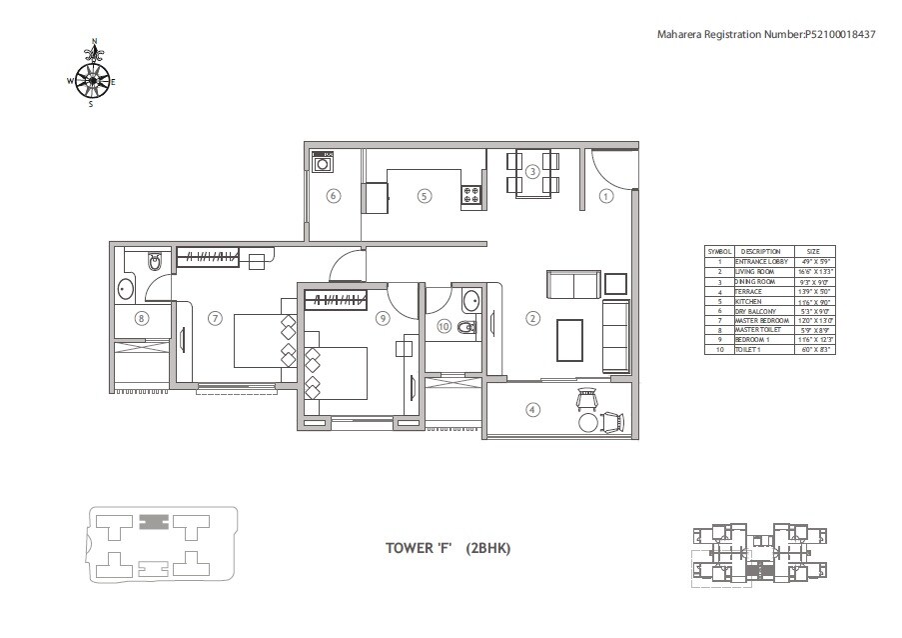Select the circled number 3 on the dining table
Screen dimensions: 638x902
pos(533,172)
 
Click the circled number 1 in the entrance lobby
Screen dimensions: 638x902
pos(605,197)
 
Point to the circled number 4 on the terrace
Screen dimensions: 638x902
pos(532,408)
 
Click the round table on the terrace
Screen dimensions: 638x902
pos(583,423)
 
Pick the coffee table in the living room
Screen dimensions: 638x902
pos(570,340)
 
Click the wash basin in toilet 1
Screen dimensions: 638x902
pos(469,300)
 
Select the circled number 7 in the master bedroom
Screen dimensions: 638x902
pos(214,319)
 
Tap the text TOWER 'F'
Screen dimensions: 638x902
pos(419,547)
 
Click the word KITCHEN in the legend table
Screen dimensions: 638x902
pos(749,300)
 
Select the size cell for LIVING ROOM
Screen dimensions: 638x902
pos(813,271)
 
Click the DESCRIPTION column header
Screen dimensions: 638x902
pos(760,252)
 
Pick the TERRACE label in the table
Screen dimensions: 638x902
pos(749,291)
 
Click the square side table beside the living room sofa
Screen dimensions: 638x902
pos(615,283)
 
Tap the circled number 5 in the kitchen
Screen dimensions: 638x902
pos(425,197)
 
